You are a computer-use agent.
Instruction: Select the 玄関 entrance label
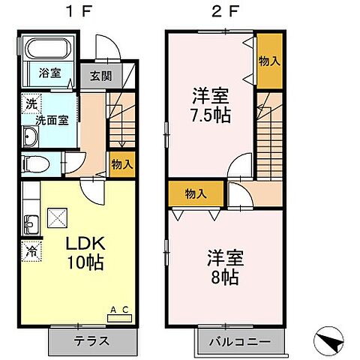(102, 75)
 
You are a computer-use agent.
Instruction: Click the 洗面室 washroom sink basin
(31, 136)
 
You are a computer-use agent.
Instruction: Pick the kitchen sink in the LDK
(31, 224)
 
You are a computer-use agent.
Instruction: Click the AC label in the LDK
(119, 309)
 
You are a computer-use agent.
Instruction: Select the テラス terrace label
(91, 340)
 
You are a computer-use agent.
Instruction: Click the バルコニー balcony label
(241, 340)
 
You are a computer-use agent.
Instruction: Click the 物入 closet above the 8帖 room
(196, 194)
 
